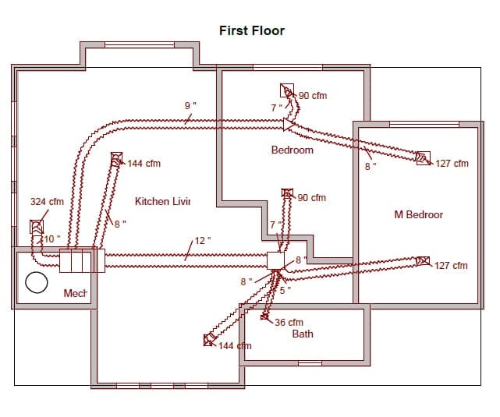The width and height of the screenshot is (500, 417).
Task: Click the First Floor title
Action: pyautogui.click(x=252, y=31)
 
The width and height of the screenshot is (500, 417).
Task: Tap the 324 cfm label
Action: pyautogui.click(x=47, y=201)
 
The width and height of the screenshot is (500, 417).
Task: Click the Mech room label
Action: pyautogui.click(x=75, y=294)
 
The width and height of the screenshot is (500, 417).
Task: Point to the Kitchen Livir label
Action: pyautogui.click(x=163, y=201)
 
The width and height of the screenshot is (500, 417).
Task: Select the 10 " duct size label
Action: pyautogui.click(x=50, y=238)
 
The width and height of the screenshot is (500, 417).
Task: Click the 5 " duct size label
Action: pyautogui.click(x=285, y=290)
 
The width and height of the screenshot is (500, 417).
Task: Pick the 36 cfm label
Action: pyautogui.click(x=289, y=322)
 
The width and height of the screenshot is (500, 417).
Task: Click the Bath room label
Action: pyautogui.click(x=303, y=334)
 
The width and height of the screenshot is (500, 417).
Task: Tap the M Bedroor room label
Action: pyautogui.click(x=419, y=214)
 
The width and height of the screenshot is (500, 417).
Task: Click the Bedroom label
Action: pyautogui.click(x=293, y=150)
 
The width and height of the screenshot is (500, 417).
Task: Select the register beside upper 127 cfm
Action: pyautogui.click(x=424, y=158)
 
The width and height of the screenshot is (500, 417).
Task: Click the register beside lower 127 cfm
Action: pyautogui.click(x=424, y=261)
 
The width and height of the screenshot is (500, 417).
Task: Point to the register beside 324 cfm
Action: pyautogui.click(x=36, y=227)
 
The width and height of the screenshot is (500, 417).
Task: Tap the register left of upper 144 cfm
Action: pyautogui.click(x=116, y=159)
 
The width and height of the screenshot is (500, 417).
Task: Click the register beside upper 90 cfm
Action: pyautogui.click(x=287, y=90)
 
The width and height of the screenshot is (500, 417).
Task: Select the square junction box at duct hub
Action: pyautogui.click(x=275, y=260)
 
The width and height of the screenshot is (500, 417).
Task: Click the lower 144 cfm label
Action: pyautogui.click(x=236, y=345)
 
